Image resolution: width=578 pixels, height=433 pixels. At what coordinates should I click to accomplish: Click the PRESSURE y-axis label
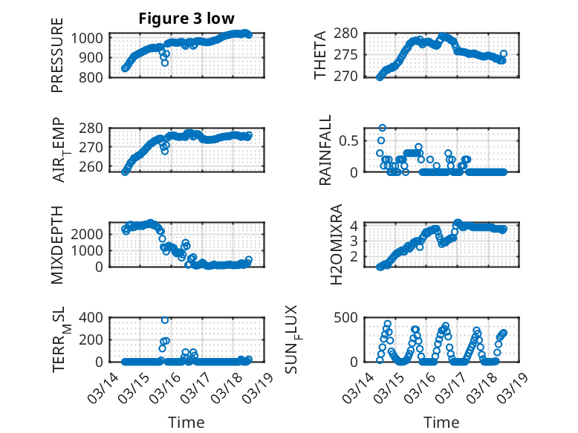click(x=57, y=61)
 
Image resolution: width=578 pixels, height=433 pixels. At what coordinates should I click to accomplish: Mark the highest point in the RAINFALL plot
click(x=383, y=128)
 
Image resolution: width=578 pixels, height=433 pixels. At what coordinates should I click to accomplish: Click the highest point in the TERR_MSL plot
click(x=165, y=319)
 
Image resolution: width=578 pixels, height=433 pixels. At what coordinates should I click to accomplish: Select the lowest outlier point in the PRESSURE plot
click(x=165, y=62)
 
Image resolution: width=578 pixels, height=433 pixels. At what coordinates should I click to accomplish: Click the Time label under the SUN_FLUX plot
click(x=441, y=423)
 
